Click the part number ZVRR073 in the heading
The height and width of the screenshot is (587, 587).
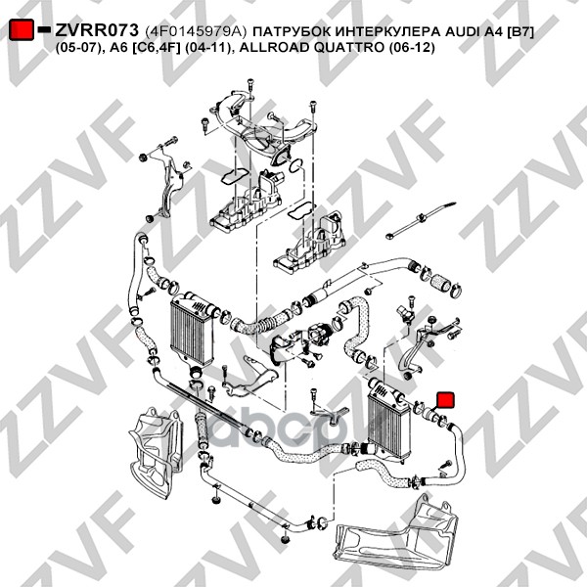(97, 30)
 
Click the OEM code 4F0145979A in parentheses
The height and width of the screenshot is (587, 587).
(196, 31)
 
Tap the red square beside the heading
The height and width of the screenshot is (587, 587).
(22, 30)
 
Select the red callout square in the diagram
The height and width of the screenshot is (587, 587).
(446, 399)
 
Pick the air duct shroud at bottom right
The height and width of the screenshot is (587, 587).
(397, 534)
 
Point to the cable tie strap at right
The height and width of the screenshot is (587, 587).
(421, 220)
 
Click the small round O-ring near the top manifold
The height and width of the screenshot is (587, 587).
(295, 165)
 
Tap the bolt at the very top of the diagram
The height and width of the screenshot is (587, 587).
(250, 85)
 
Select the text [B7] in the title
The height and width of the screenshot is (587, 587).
(520, 31)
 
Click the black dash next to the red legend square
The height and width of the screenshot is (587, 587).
(45, 29)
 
